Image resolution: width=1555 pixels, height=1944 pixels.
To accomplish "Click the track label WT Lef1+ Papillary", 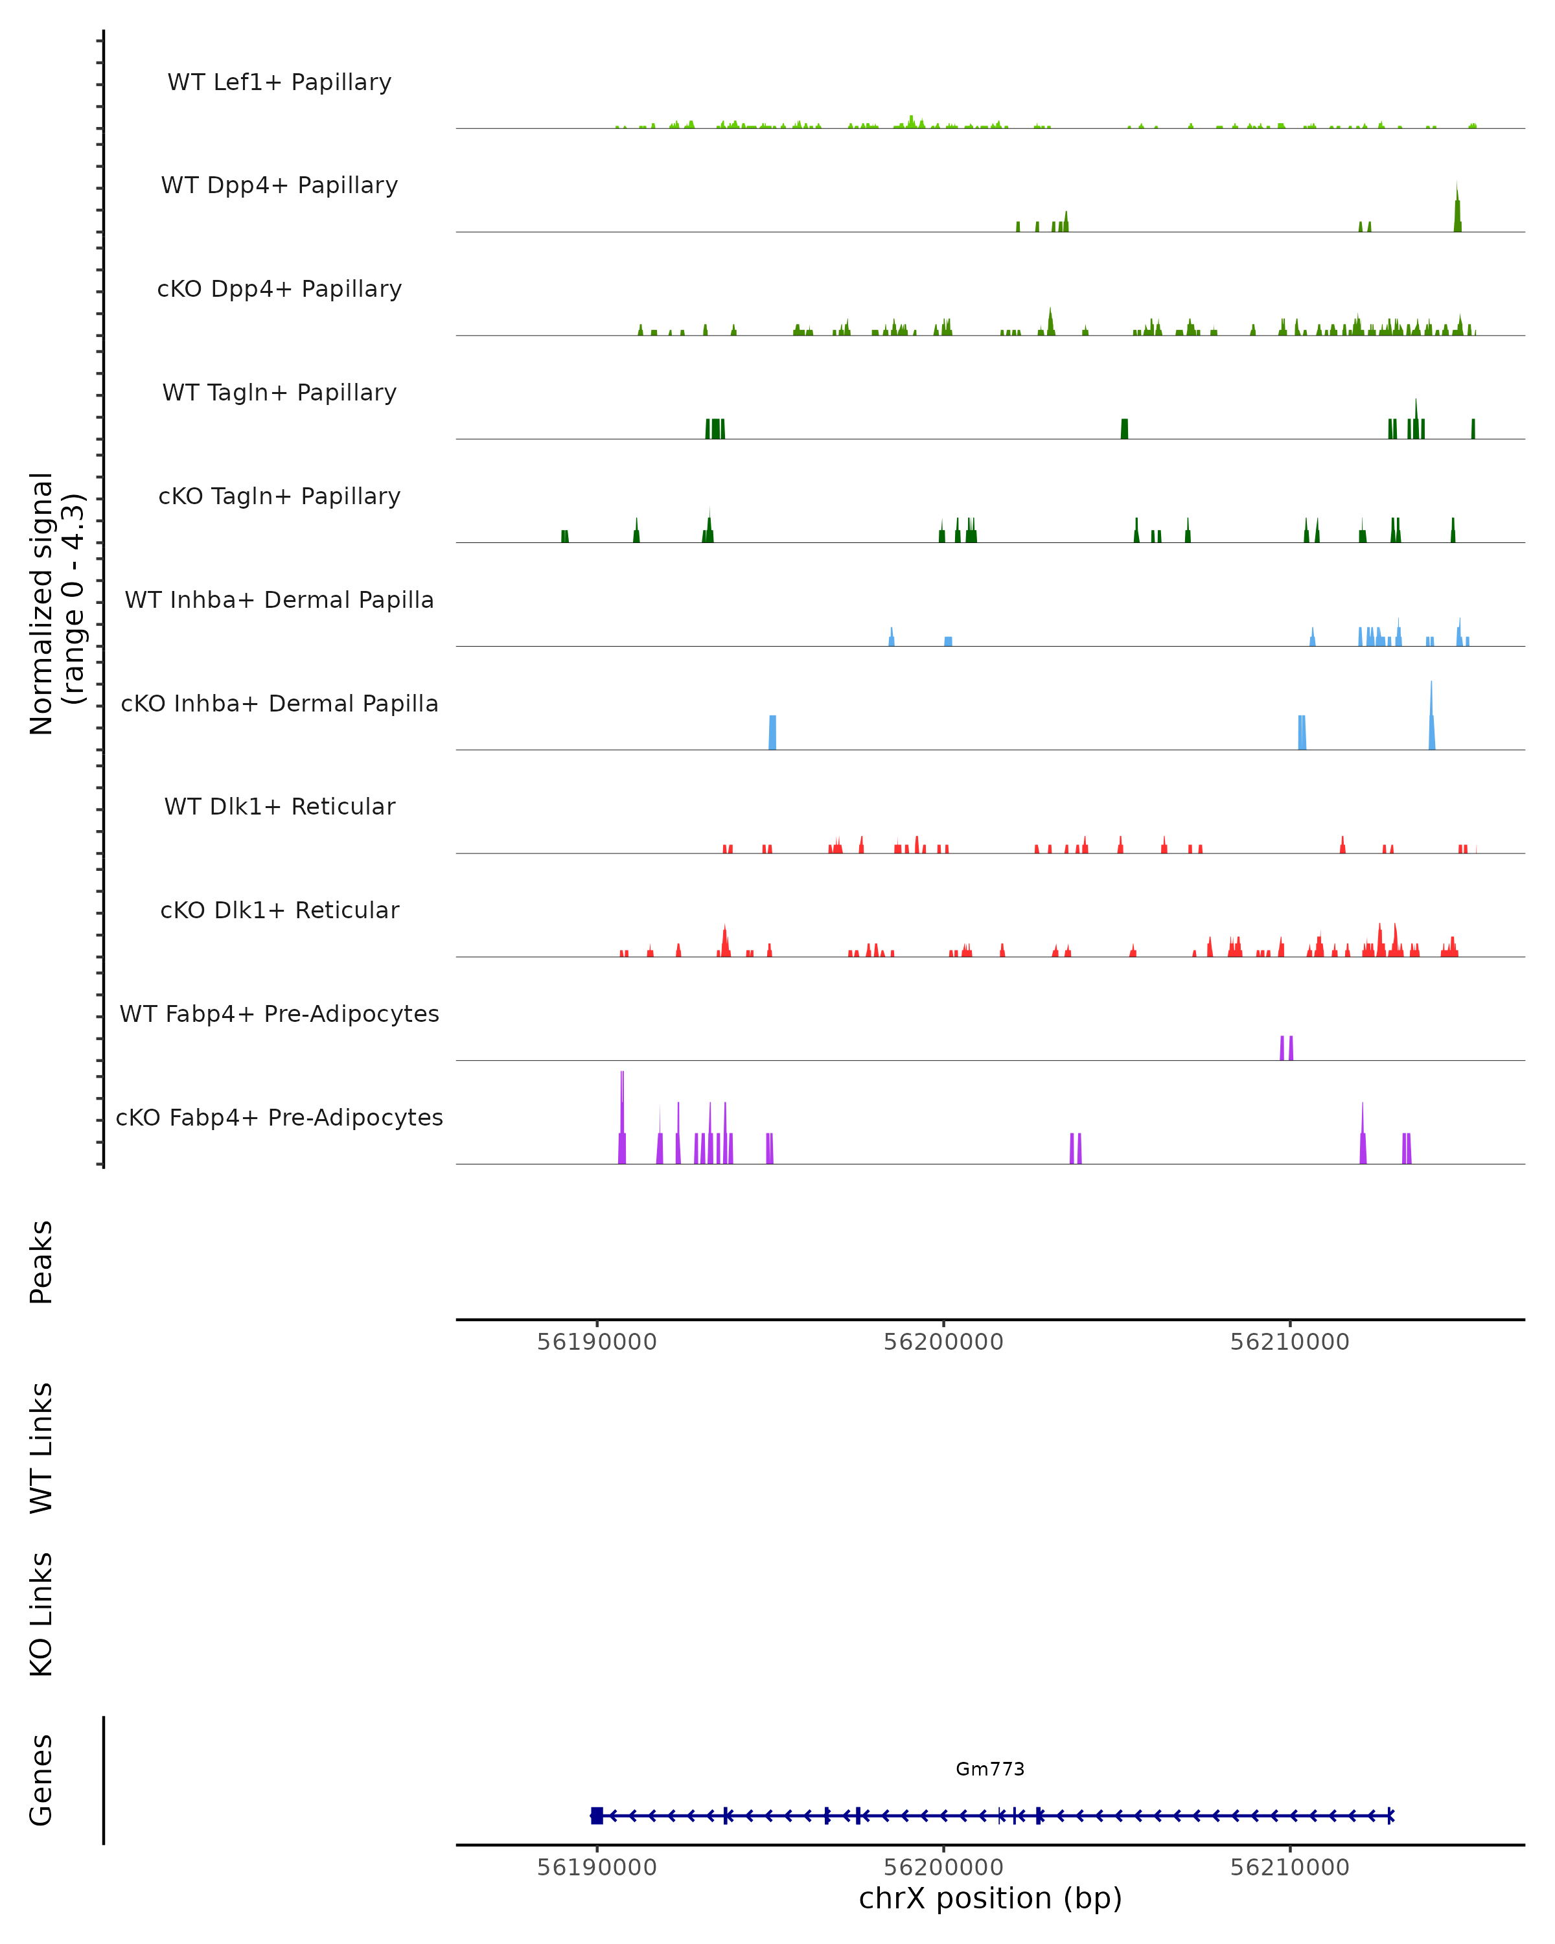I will click(279, 82).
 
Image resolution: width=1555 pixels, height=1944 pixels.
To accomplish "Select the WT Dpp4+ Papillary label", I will click(279, 186).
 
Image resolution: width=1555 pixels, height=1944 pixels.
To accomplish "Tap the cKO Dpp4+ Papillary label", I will click(279, 290).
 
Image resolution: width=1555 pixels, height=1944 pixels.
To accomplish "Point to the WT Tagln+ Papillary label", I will click(279, 393).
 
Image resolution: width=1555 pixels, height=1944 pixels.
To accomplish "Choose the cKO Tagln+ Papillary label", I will click(279, 497).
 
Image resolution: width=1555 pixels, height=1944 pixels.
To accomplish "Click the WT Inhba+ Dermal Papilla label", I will click(279, 601).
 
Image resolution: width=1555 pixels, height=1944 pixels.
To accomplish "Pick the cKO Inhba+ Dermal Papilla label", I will click(279, 704).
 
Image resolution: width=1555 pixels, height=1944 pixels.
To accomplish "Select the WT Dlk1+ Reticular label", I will click(279, 807).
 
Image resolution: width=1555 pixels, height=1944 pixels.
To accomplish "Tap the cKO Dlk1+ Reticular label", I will click(279, 910).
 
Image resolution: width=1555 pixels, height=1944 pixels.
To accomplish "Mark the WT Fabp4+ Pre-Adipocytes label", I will click(279, 1014).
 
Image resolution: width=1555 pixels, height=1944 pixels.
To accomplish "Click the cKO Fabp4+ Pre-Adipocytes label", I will click(279, 1118).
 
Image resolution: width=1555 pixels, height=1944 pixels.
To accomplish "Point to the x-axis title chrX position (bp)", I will click(990, 1898).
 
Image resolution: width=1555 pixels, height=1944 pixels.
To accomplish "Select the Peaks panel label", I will click(41, 1262).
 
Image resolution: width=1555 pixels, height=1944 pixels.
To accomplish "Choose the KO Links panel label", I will click(41, 1615).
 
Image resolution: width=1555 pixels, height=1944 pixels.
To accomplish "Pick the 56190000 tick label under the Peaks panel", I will click(597, 1342).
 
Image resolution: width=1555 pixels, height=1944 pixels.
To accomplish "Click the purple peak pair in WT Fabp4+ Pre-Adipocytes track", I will click(1286, 1048).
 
